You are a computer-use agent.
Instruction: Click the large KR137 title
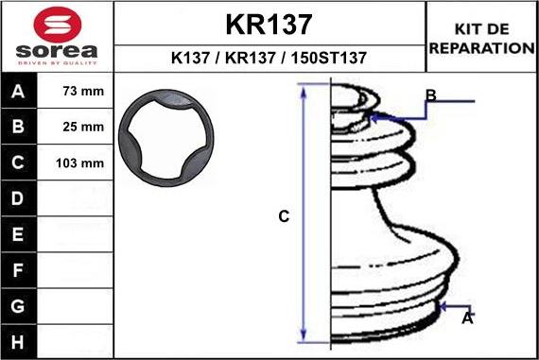point(269,23)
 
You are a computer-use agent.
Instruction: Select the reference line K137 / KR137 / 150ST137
point(269,58)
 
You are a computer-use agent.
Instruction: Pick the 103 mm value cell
point(79,163)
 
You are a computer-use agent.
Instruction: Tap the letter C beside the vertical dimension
point(283,216)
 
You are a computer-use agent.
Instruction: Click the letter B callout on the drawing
point(430,95)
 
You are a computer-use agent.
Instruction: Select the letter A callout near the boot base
point(466,320)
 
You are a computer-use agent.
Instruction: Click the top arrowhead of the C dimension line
point(304,89)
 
